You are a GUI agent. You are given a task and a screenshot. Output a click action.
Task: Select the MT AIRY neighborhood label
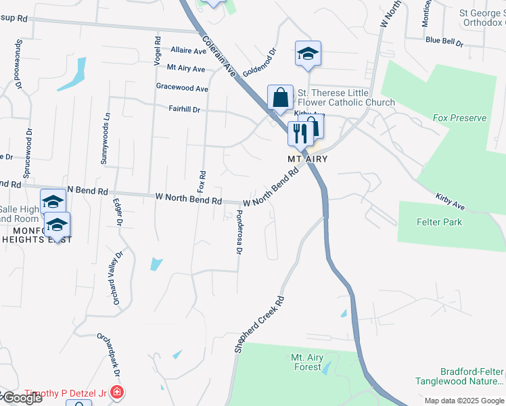point(308,159)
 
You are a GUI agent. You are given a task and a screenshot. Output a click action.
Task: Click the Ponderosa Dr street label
point(239,231)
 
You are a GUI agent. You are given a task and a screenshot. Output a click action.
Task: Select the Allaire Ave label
point(188,51)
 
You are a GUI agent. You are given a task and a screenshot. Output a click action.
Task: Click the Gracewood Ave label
point(182,88)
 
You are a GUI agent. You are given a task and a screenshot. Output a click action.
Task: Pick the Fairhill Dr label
point(184,109)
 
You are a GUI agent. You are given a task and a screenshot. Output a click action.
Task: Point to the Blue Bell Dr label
point(444,41)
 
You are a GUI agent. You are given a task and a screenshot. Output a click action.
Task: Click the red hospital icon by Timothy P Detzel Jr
point(117,392)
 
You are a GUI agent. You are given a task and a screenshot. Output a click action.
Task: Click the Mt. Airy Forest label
point(306,362)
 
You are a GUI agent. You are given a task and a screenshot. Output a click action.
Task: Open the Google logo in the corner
point(22,398)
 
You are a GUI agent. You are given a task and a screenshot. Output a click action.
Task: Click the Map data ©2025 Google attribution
point(465,401)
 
